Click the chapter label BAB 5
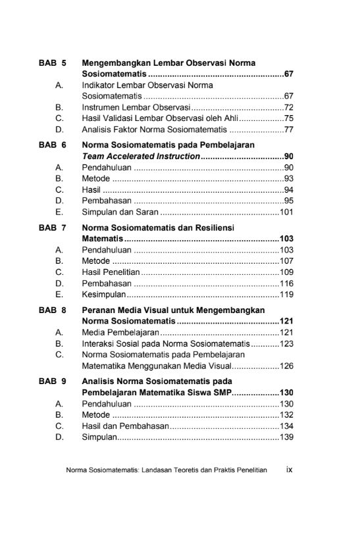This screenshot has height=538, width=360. coord(52,63)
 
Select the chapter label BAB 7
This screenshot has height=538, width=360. coord(52,228)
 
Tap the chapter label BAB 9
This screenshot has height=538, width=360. coord(52,381)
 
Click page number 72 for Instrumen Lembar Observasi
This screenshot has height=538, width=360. coord(288,107)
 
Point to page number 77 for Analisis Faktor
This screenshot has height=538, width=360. coord(288,130)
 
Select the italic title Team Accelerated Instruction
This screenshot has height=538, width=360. coord(141,157)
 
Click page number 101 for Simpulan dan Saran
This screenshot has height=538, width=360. coord(286,212)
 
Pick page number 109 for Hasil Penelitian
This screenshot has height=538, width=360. coord(286,272)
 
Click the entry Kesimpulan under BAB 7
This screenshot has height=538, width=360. coord(104,295)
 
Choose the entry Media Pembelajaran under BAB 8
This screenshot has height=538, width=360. coord(116,333)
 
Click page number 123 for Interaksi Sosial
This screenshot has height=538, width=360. coord(286,344)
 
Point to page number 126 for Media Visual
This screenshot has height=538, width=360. coord(286,366)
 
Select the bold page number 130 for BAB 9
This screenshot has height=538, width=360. coord(286,393)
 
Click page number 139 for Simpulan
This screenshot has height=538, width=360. coord(286,437)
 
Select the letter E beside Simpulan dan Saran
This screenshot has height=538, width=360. coord(59,212)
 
